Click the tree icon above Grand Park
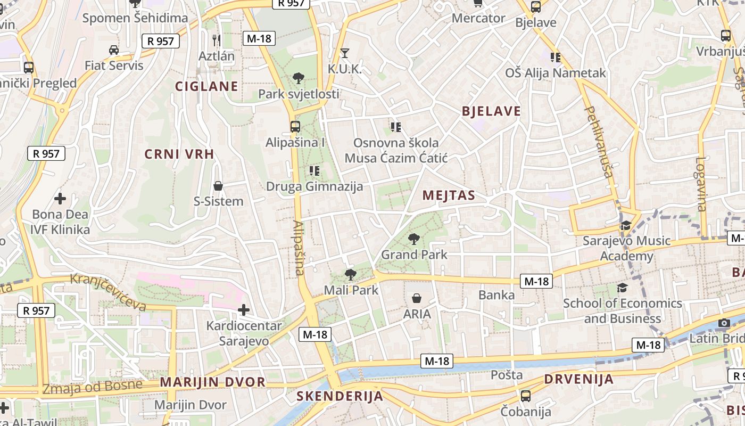(413, 239)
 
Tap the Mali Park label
(351, 290)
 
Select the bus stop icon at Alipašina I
(295, 127)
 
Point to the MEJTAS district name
(449, 195)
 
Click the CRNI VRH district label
(179, 154)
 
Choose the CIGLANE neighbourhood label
(206, 86)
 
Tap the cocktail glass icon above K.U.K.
(345, 53)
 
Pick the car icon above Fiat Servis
(114, 50)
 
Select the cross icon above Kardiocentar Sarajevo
(244, 310)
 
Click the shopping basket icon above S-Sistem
(218, 186)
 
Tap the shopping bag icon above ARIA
(417, 298)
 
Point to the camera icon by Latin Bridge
(724, 323)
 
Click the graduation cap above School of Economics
(622, 288)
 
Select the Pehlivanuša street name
(599, 142)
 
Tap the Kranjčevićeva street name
(109, 292)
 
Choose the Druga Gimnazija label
(314, 186)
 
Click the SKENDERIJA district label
(340, 396)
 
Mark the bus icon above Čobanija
(526, 396)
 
